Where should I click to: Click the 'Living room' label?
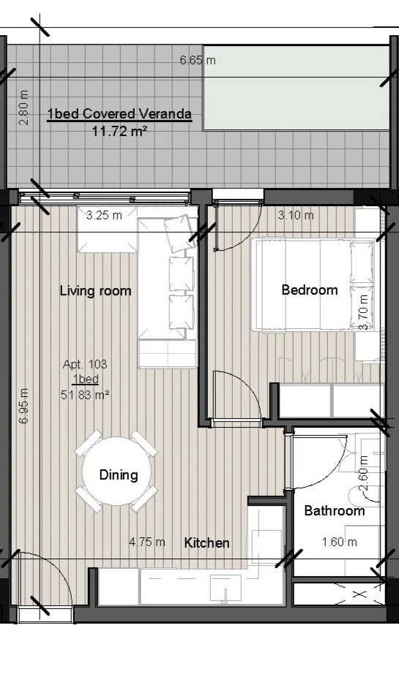tap(96, 291)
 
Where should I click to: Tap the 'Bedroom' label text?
tap(310, 290)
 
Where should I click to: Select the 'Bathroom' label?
tap(335, 511)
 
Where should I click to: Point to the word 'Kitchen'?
tap(206, 542)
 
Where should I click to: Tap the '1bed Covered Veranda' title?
tap(119, 114)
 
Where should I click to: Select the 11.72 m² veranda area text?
tap(119, 132)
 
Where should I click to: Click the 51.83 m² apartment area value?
tap(85, 395)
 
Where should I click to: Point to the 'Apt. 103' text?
tap(85, 364)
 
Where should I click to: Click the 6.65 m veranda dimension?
tap(198, 60)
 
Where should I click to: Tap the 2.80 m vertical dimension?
tap(24, 107)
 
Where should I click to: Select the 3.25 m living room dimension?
tap(104, 215)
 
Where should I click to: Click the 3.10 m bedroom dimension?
tap(296, 215)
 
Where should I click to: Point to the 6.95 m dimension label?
tap(24, 406)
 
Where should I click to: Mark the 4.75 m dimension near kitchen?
tap(147, 542)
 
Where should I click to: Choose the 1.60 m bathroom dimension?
tap(339, 542)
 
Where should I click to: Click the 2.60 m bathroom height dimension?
tap(363, 474)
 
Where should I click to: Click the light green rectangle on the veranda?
tap(297, 88)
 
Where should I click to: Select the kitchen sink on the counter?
tap(225, 588)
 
